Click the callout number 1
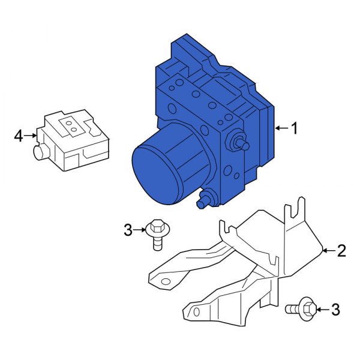[294, 128]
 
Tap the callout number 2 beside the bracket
[341, 251]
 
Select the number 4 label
[19, 137]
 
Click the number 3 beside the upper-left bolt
[127, 229]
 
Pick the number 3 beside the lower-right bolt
[335, 310]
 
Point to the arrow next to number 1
[281, 128]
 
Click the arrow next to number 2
[328, 251]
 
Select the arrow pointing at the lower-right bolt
[322, 310]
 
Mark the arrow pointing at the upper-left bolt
[139, 229]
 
